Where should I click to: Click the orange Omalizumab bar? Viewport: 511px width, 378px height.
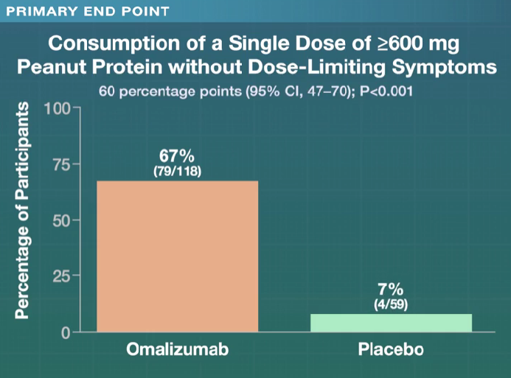[177, 256]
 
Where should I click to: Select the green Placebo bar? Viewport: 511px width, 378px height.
[391, 323]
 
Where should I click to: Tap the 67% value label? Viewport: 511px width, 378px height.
[177, 156]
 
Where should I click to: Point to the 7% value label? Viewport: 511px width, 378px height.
[391, 290]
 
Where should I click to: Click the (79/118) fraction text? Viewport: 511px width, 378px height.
[177, 171]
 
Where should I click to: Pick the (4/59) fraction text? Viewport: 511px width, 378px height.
[391, 304]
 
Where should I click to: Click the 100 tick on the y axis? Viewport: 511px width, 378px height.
[56, 108]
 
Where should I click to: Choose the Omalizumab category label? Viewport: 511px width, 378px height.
[177, 349]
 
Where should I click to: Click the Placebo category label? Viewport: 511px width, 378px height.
[391, 349]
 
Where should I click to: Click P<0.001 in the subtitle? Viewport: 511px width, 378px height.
[383, 93]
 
